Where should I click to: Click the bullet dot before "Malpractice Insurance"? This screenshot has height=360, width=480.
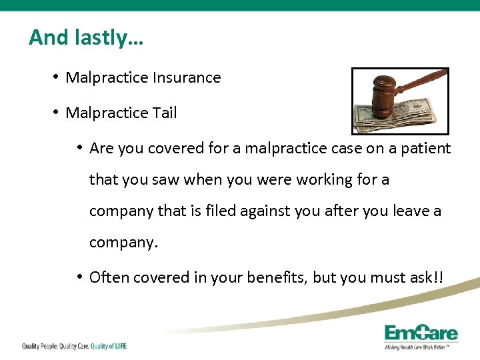[x=55, y=77]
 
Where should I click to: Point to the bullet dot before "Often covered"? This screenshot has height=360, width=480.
[x=79, y=277]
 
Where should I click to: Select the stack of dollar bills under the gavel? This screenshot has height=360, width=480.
[x=400, y=117]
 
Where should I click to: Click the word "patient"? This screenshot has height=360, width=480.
[x=427, y=149]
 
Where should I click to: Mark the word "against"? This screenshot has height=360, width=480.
[x=287, y=211]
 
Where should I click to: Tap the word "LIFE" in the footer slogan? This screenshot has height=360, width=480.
[x=119, y=346]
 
